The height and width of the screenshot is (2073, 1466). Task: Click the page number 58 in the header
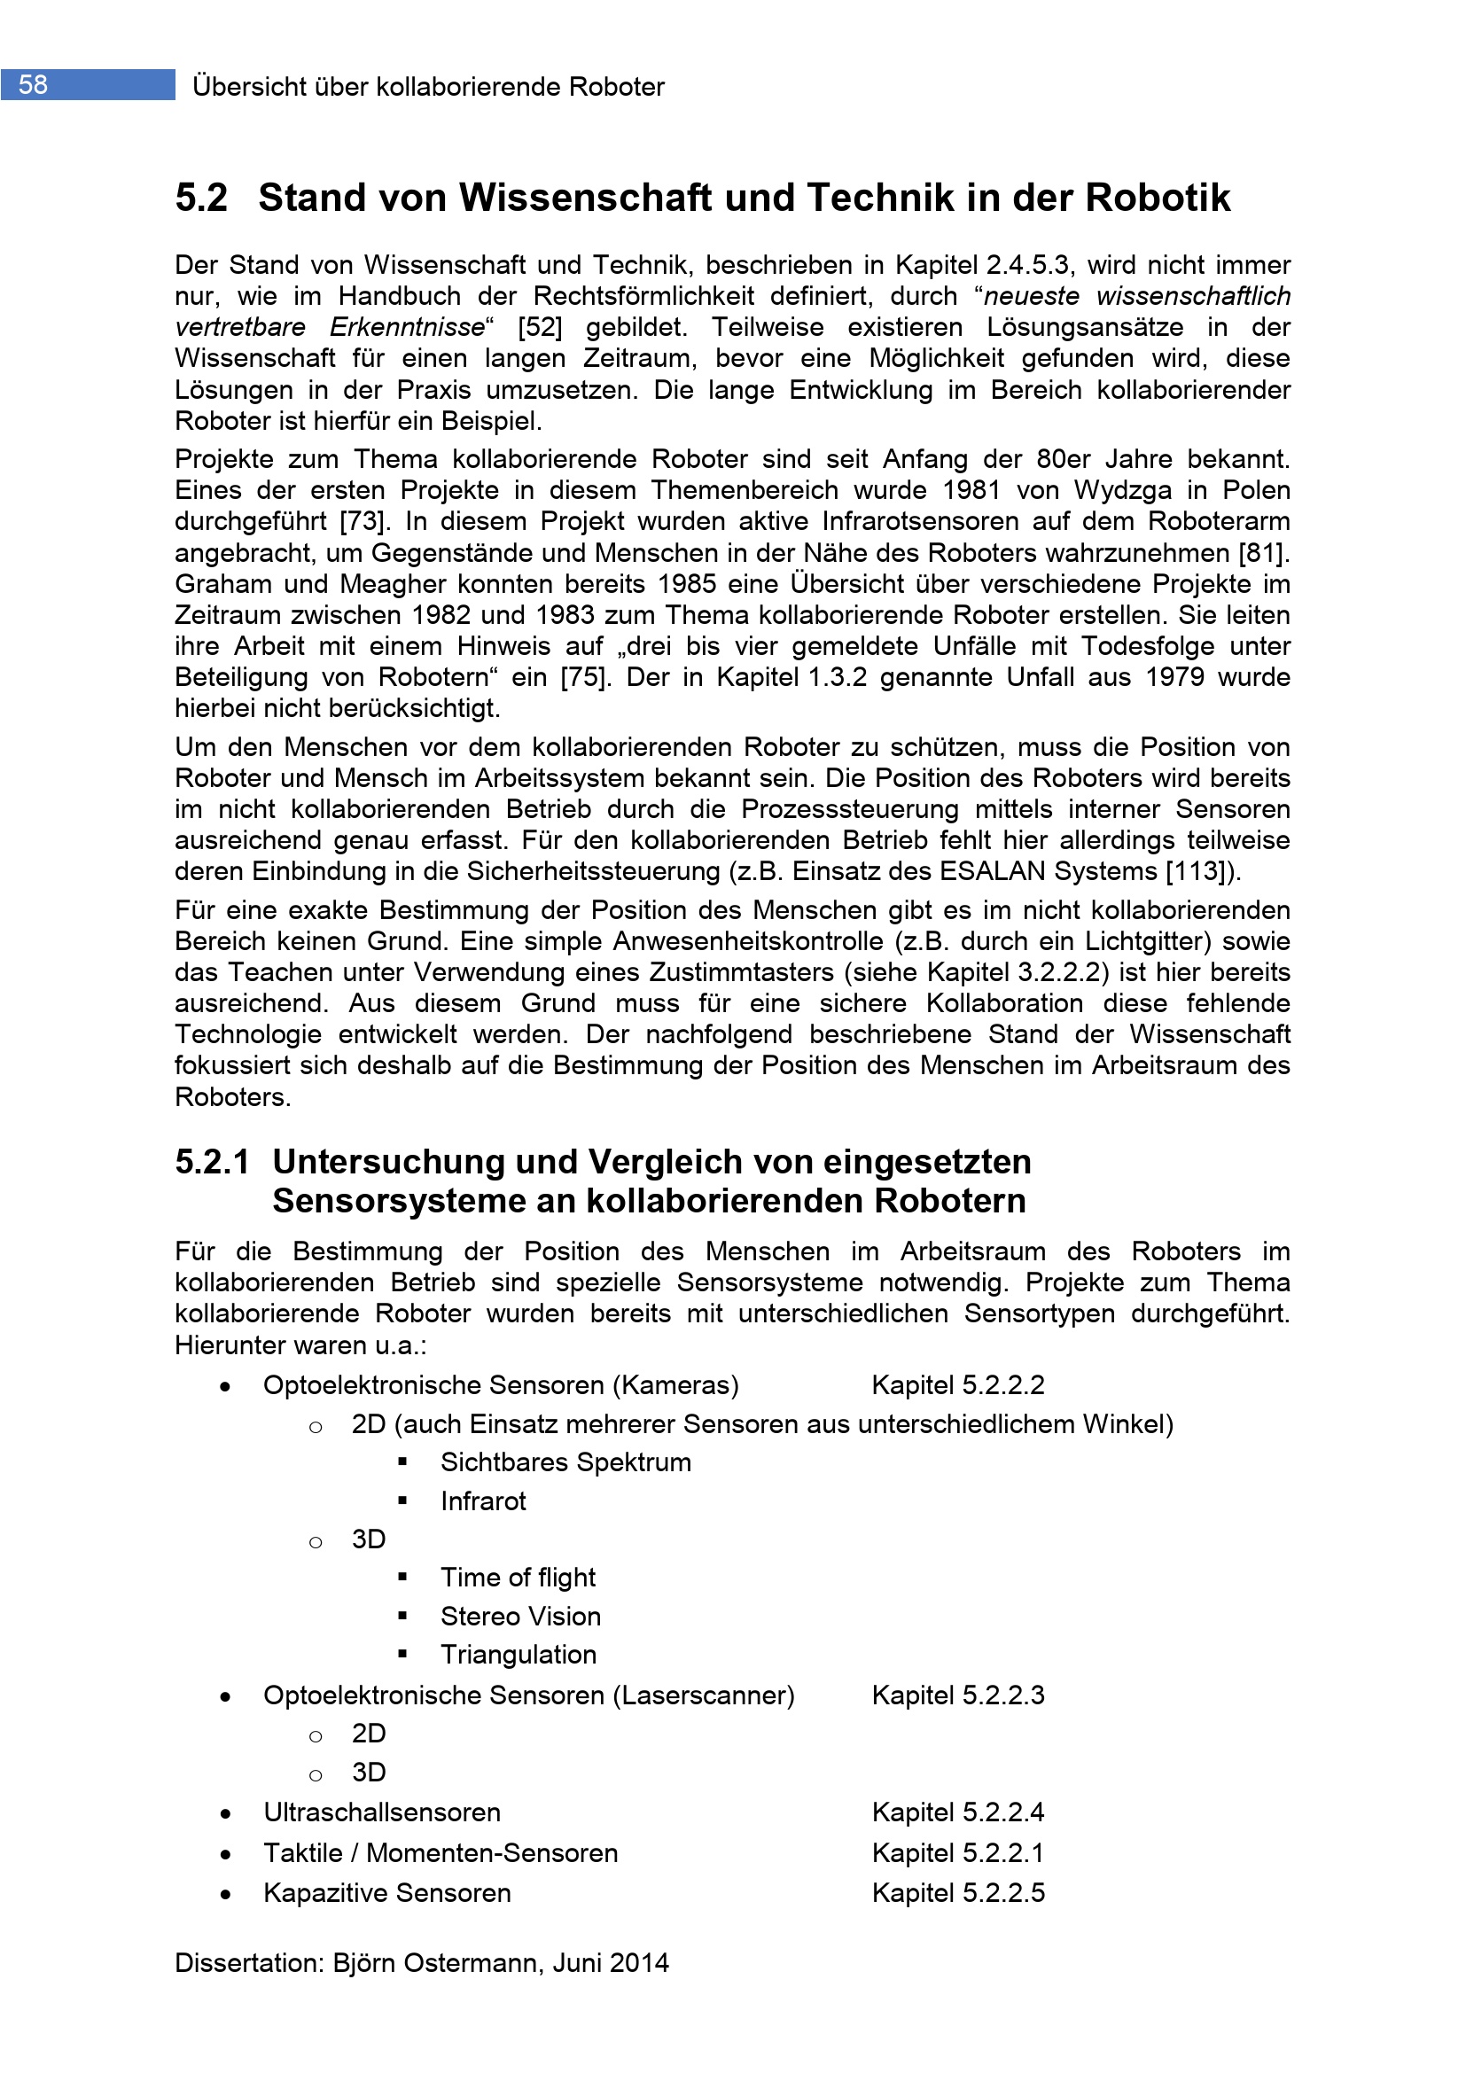[x=34, y=85]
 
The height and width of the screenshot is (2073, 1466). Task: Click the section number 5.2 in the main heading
[x=201, y=198]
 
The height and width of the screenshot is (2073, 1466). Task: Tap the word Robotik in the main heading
[x=1158, y=198]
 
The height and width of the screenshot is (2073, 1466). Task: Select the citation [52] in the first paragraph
[x=540, y=327]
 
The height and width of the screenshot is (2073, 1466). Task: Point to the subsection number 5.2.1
[x=212, y=1162]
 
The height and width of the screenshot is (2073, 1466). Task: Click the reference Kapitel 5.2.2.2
[x=958, y=1385]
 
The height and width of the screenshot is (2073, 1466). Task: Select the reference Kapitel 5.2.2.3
[x=958, y=1695]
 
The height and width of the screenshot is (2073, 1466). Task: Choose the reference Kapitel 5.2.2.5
[x=958, y=1892]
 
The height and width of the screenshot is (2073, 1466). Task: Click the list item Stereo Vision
[x=520, y=1617]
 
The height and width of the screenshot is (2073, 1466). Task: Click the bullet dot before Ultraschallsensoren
[x=225, y=1813]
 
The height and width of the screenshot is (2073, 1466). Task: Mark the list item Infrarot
[x=483, y=1500]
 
